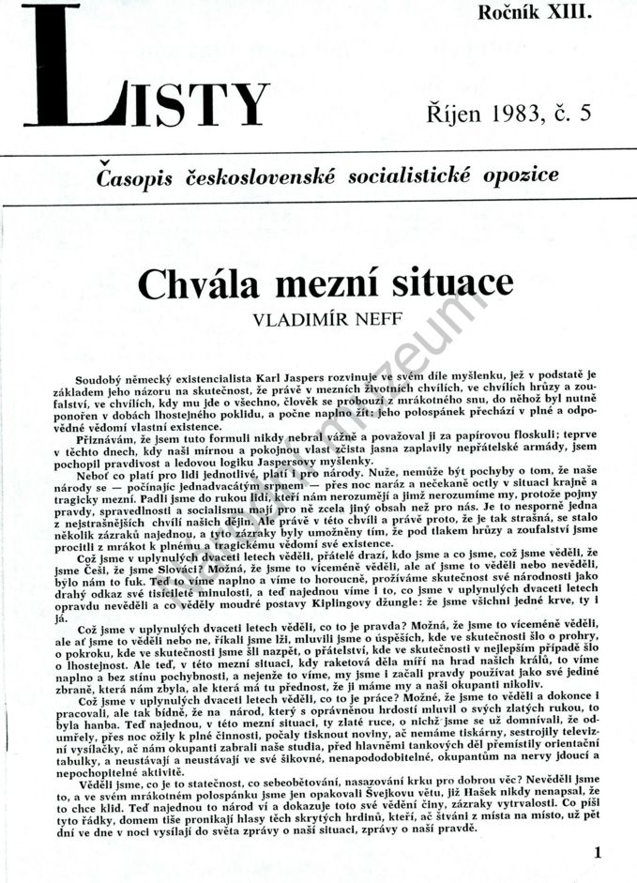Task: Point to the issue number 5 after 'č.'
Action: pyautogui.click(x=586, y=114)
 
